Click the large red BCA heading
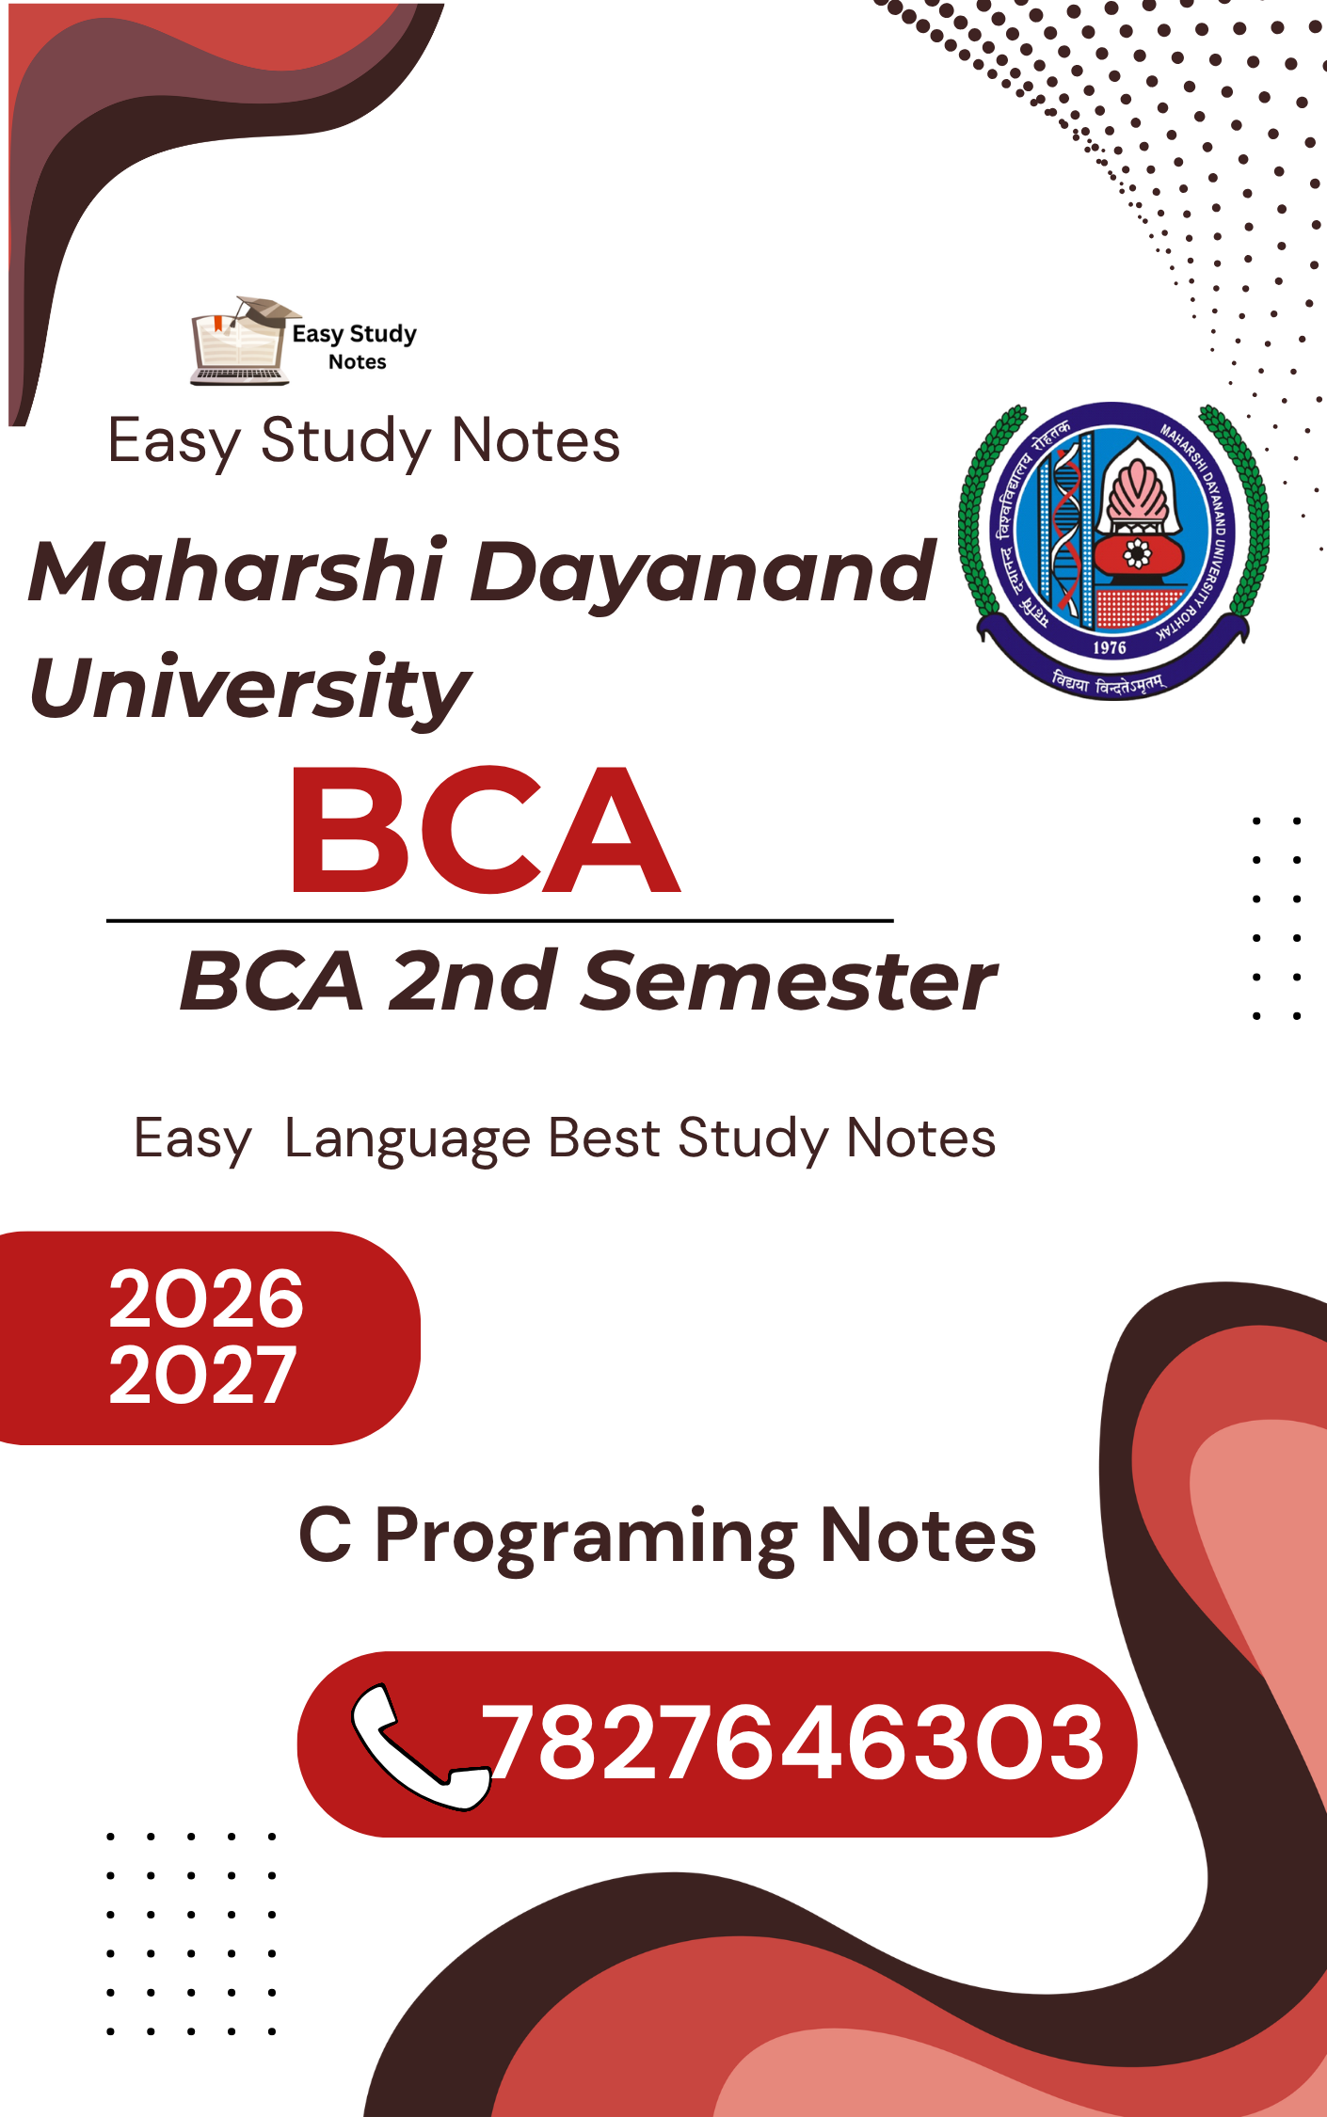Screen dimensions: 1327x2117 (486, 830)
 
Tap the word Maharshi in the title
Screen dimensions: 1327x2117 (236, 570)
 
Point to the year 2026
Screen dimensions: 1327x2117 (206, 1298)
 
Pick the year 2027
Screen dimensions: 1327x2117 (203, 1375)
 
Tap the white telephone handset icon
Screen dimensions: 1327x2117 (420, 1745)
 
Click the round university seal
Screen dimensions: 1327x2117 (1112, 551)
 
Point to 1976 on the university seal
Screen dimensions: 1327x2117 (1110, 647)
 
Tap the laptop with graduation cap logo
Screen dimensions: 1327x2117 (245, 340)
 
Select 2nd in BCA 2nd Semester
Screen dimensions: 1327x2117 (472, 981)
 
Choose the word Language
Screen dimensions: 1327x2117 (408, 1139)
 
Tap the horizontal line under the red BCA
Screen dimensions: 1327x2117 (500, 920)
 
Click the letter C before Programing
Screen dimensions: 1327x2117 (326, 1535)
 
